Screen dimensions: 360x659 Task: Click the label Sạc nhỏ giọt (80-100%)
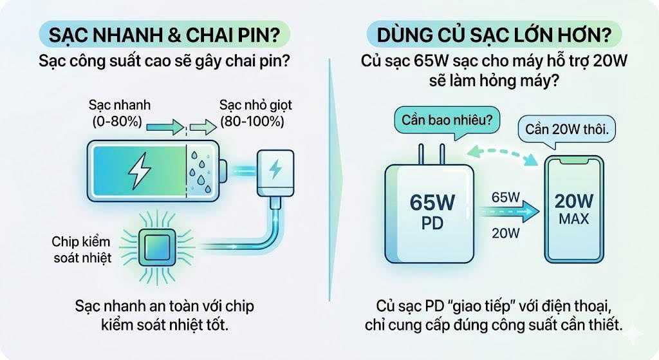tap(256, 112)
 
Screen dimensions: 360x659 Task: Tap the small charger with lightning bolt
tap(275, 171)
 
